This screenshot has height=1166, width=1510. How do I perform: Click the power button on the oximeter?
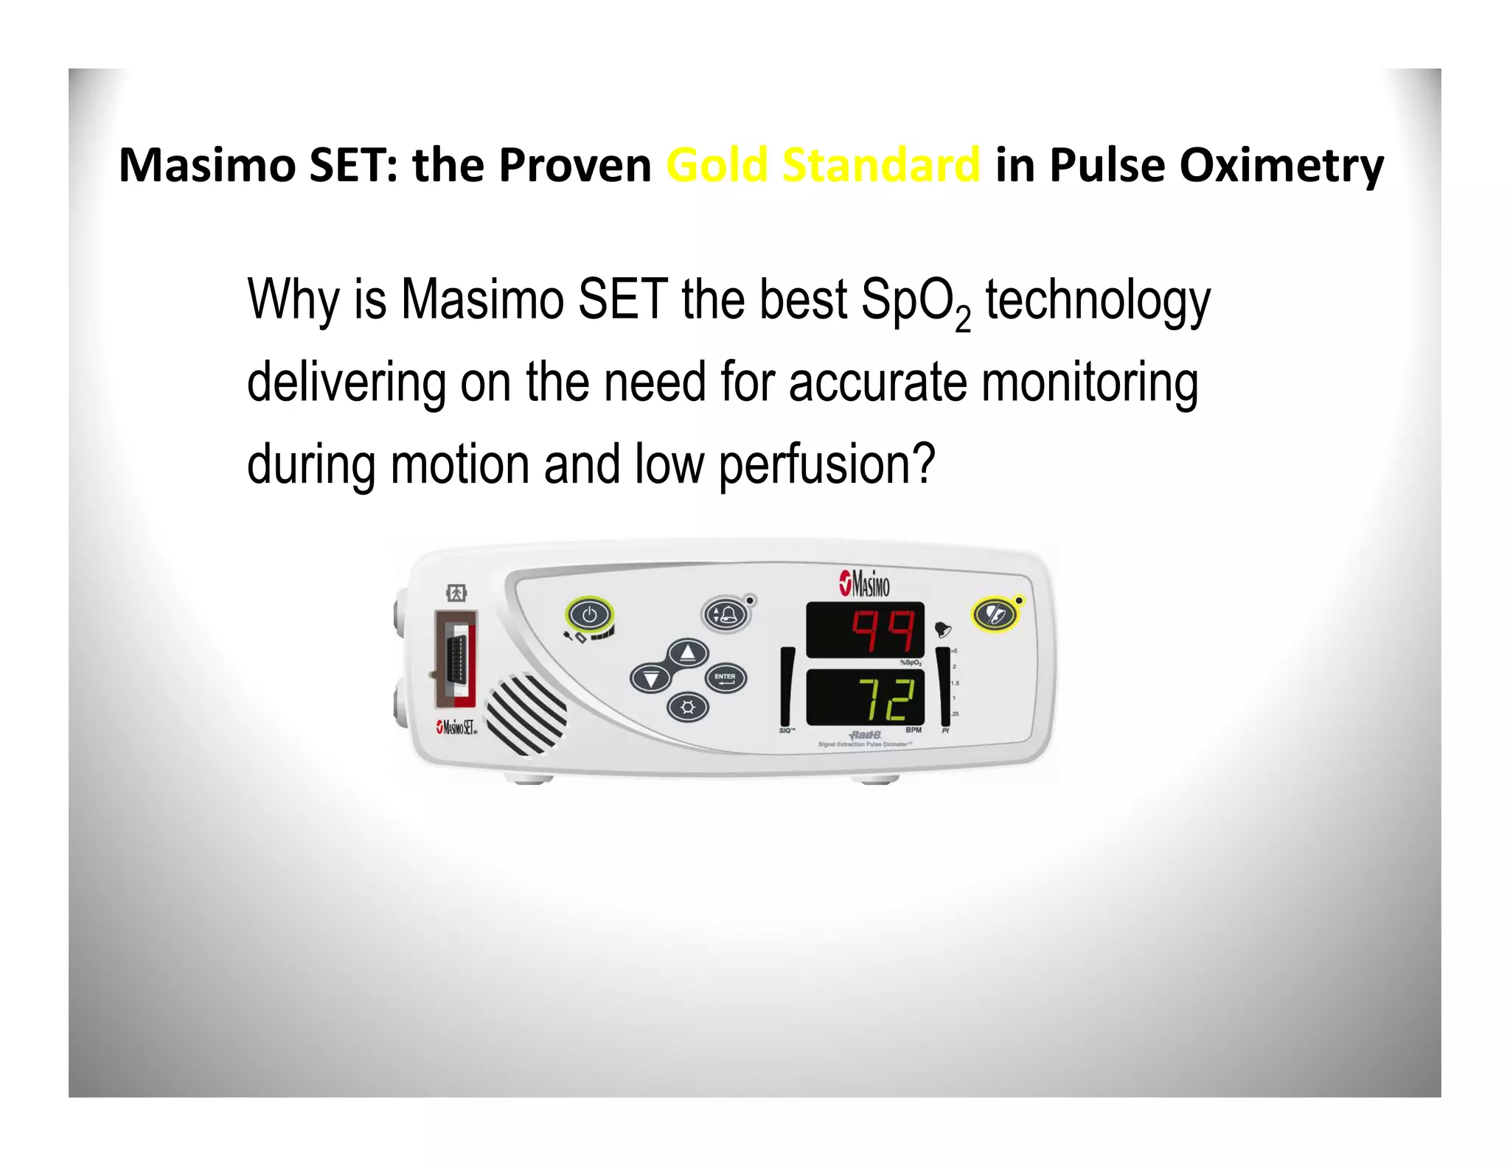tap(589, 613)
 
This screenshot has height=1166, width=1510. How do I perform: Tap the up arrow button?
tap(687, 652)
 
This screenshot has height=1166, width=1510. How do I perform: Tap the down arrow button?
tap(650, 677)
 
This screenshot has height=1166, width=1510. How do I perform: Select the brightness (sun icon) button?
tap(687, 708)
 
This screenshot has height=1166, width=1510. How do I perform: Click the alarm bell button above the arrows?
tap(726, 614)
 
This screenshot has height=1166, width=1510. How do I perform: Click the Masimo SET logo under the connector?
tap(456, 727)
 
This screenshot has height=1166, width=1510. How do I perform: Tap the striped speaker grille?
tap(526, 713)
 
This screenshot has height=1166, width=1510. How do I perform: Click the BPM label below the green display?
tap(913, 730)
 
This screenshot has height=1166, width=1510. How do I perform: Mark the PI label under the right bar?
tap(945, 730)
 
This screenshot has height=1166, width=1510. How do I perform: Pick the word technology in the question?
tap(1098, 301)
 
